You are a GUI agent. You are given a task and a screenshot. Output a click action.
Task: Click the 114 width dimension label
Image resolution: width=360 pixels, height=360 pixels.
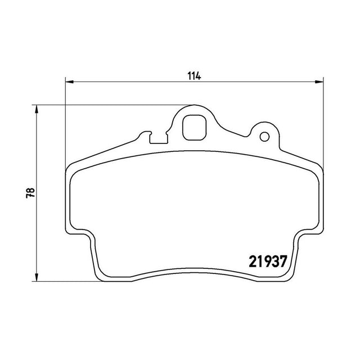(194, 76)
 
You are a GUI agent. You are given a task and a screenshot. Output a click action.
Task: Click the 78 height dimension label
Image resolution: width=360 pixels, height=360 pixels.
(30, 193)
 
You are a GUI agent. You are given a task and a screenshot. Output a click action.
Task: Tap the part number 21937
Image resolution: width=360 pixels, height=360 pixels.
(268, 262)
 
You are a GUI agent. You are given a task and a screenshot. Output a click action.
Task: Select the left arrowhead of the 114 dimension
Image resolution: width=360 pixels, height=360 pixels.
(69, 82)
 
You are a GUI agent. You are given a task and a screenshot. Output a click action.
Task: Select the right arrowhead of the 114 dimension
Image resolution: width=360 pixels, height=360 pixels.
(319, 82)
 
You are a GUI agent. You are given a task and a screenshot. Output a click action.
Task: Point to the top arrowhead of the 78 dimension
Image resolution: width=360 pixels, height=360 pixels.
(36, 109)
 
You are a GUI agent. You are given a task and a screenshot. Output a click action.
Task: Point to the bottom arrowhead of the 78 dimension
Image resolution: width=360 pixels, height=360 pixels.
(36, 277)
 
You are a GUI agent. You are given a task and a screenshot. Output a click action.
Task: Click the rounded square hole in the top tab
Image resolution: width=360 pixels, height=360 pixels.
(195, 128)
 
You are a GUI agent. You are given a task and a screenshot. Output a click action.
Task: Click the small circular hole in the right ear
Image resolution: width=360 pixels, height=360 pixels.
(264, 137)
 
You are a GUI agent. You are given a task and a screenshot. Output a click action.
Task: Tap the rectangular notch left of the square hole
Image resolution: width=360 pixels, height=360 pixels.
(159, 139)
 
